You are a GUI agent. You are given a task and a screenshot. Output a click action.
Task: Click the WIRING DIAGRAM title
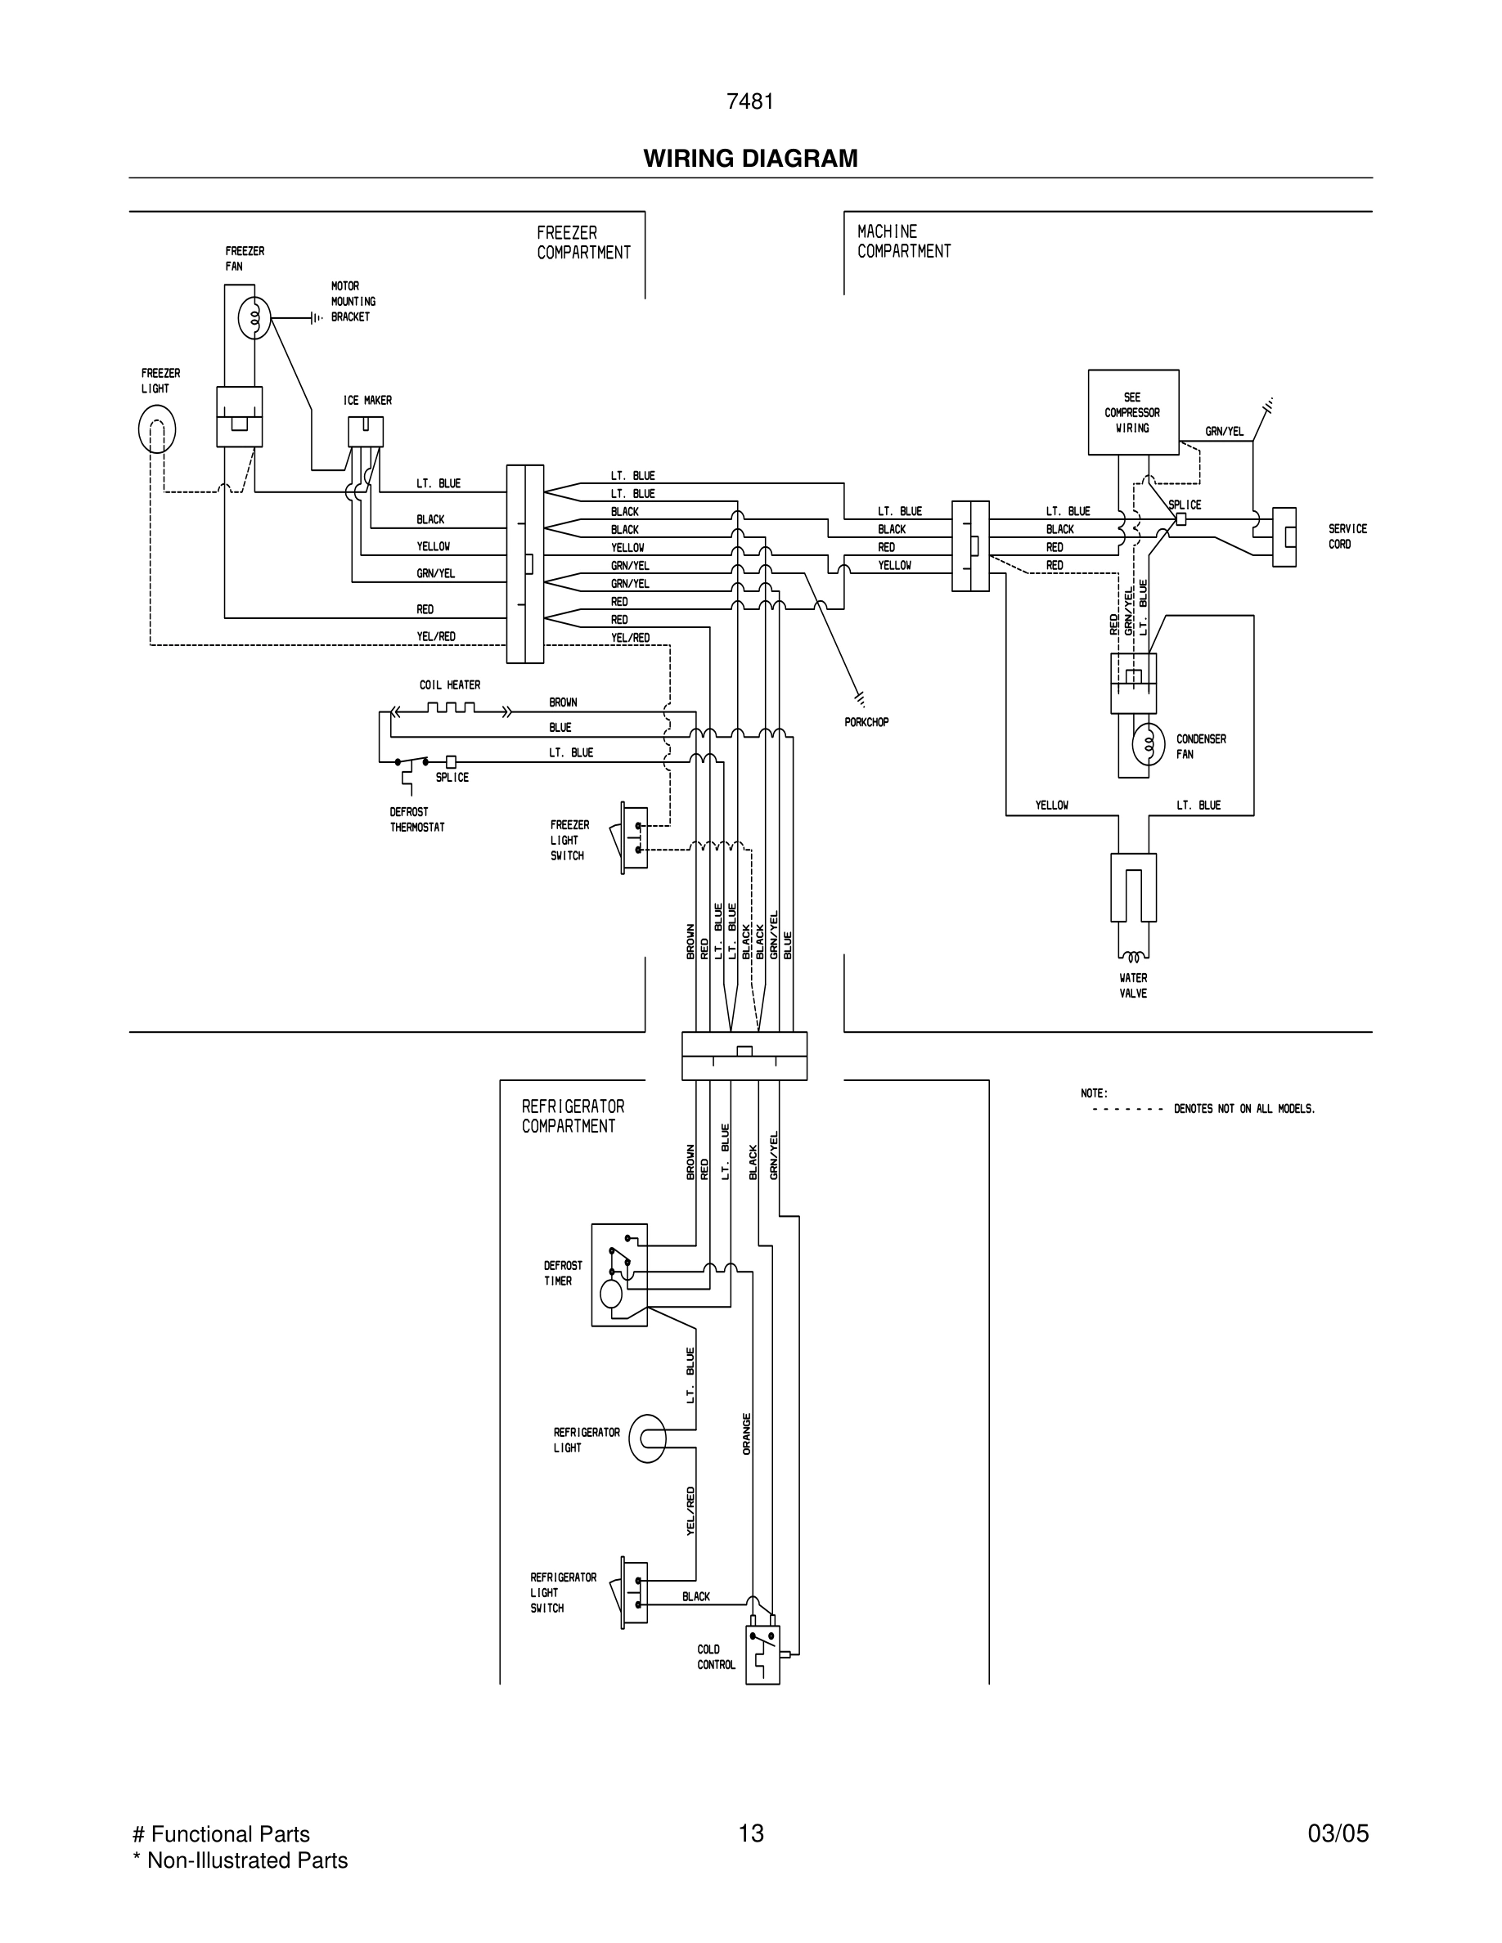click(x=750, y=159)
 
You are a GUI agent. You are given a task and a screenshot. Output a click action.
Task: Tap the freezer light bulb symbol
click(x=156, y=429)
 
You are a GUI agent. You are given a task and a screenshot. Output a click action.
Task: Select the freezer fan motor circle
click(x=254, y=317)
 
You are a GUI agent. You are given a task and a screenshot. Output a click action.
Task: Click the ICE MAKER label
click(x=367, y=401)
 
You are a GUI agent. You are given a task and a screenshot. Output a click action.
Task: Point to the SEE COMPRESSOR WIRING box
click(x=1133, y=413)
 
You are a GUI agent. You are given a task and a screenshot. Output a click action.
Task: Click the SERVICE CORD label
click(x=1347, y=536)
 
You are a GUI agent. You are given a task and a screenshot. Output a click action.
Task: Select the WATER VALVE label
click(x=1133, y=985)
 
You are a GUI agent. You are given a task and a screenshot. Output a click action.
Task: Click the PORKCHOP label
click(x=866, y=722)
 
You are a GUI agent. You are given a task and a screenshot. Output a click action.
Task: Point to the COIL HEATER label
click(x=449, y=685)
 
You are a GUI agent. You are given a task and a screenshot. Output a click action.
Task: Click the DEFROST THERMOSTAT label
click(x=416, y=819)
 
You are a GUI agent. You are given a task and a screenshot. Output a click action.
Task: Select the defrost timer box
click(x=619, y=1275)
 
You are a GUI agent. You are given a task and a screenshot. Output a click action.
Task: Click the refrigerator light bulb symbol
click(x=648, y=1438)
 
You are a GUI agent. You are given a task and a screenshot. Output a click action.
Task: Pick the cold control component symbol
click(x=762, y=1654)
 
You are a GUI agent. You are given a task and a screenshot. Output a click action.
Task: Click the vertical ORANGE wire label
click(x=747, y=1434)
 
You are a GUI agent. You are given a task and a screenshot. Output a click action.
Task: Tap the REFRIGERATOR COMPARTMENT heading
click(x=572, y=1115)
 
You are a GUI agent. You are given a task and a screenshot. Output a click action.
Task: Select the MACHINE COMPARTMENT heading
click(x=903, y=241)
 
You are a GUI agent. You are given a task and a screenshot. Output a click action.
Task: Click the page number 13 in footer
click(x=750, y=1833)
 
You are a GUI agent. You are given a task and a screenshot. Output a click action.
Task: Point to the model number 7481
click(x=750, y=102)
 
